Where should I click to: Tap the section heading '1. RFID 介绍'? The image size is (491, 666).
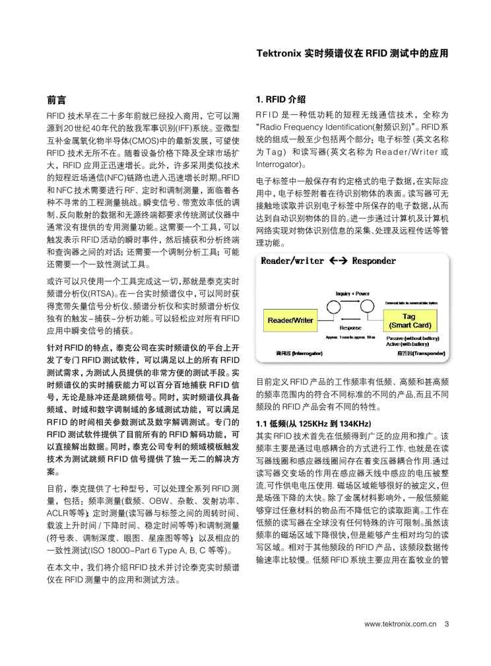tap(280, 100)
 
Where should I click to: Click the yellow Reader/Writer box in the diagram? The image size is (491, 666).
tap(290, 320)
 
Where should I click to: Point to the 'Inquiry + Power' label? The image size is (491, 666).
tap(352, 294)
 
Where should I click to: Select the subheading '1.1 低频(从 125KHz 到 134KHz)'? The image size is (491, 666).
tap(313, 423)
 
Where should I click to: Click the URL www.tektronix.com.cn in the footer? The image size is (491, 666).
tap(400, 624)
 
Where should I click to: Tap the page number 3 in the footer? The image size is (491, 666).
tap(447, 624)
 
